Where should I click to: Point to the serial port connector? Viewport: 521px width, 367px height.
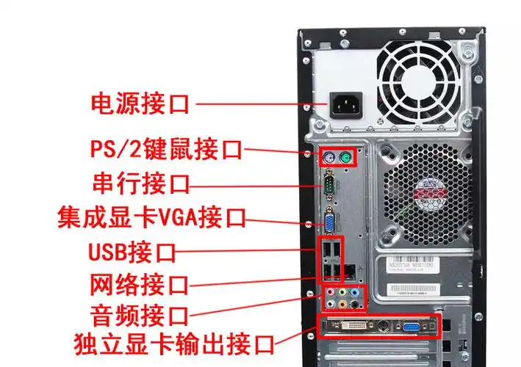(330, 183)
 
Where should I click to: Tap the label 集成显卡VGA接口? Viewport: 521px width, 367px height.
(151, 217)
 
